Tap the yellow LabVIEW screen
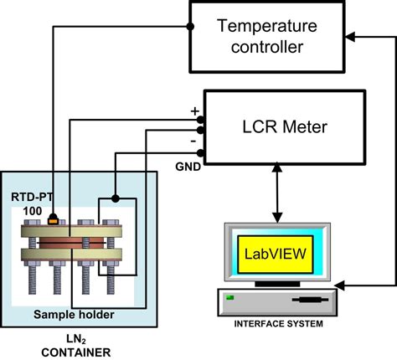pyautogui.click(x=273, y=252)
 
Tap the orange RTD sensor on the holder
pyautogui.click(x=55, y=221)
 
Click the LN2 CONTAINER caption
pyautogui.click(x=79, y=345)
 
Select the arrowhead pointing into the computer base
pyautogui.click(x=347, y=289)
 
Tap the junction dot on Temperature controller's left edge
pyautogui.click(x=190, y=28)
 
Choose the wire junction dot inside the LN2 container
pyautogui.click(x=115, y=199)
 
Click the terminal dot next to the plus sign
pyautogui.click(x=201, y=120)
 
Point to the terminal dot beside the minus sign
pyautogui.click(x=201, y=142)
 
